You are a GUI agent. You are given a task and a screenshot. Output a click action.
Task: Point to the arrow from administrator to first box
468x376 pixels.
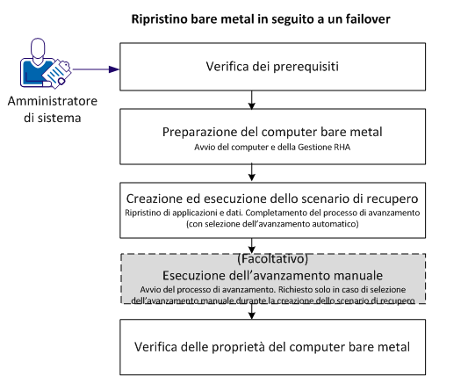[95, 69]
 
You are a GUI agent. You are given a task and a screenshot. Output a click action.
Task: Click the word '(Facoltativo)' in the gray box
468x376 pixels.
[253, 260]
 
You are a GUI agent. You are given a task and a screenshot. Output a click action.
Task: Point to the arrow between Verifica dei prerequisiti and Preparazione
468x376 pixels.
[253, 100]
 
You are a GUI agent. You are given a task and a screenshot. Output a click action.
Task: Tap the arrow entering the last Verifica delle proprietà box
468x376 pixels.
[253, 311]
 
